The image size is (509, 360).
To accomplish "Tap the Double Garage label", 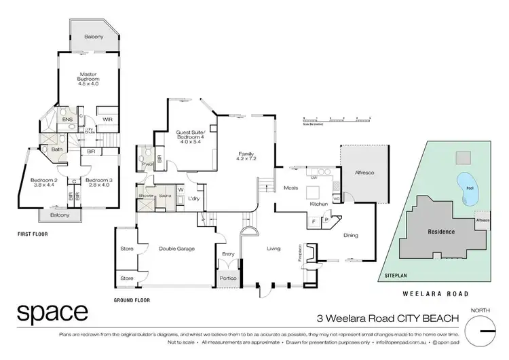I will click(x=176, y=249).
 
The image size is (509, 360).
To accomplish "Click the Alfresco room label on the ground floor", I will click(x=365, y=173).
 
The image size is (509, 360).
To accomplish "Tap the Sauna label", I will click(x=164, y=195).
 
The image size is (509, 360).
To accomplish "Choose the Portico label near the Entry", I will click(x=227, y=278).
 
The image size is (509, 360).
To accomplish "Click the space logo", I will click(x=52, y=313).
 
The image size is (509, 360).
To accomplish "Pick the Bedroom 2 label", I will click(x=43, y=183).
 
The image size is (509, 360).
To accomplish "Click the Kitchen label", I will click(x=319, y=204).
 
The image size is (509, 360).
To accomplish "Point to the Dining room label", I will click(x=351, y=236).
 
